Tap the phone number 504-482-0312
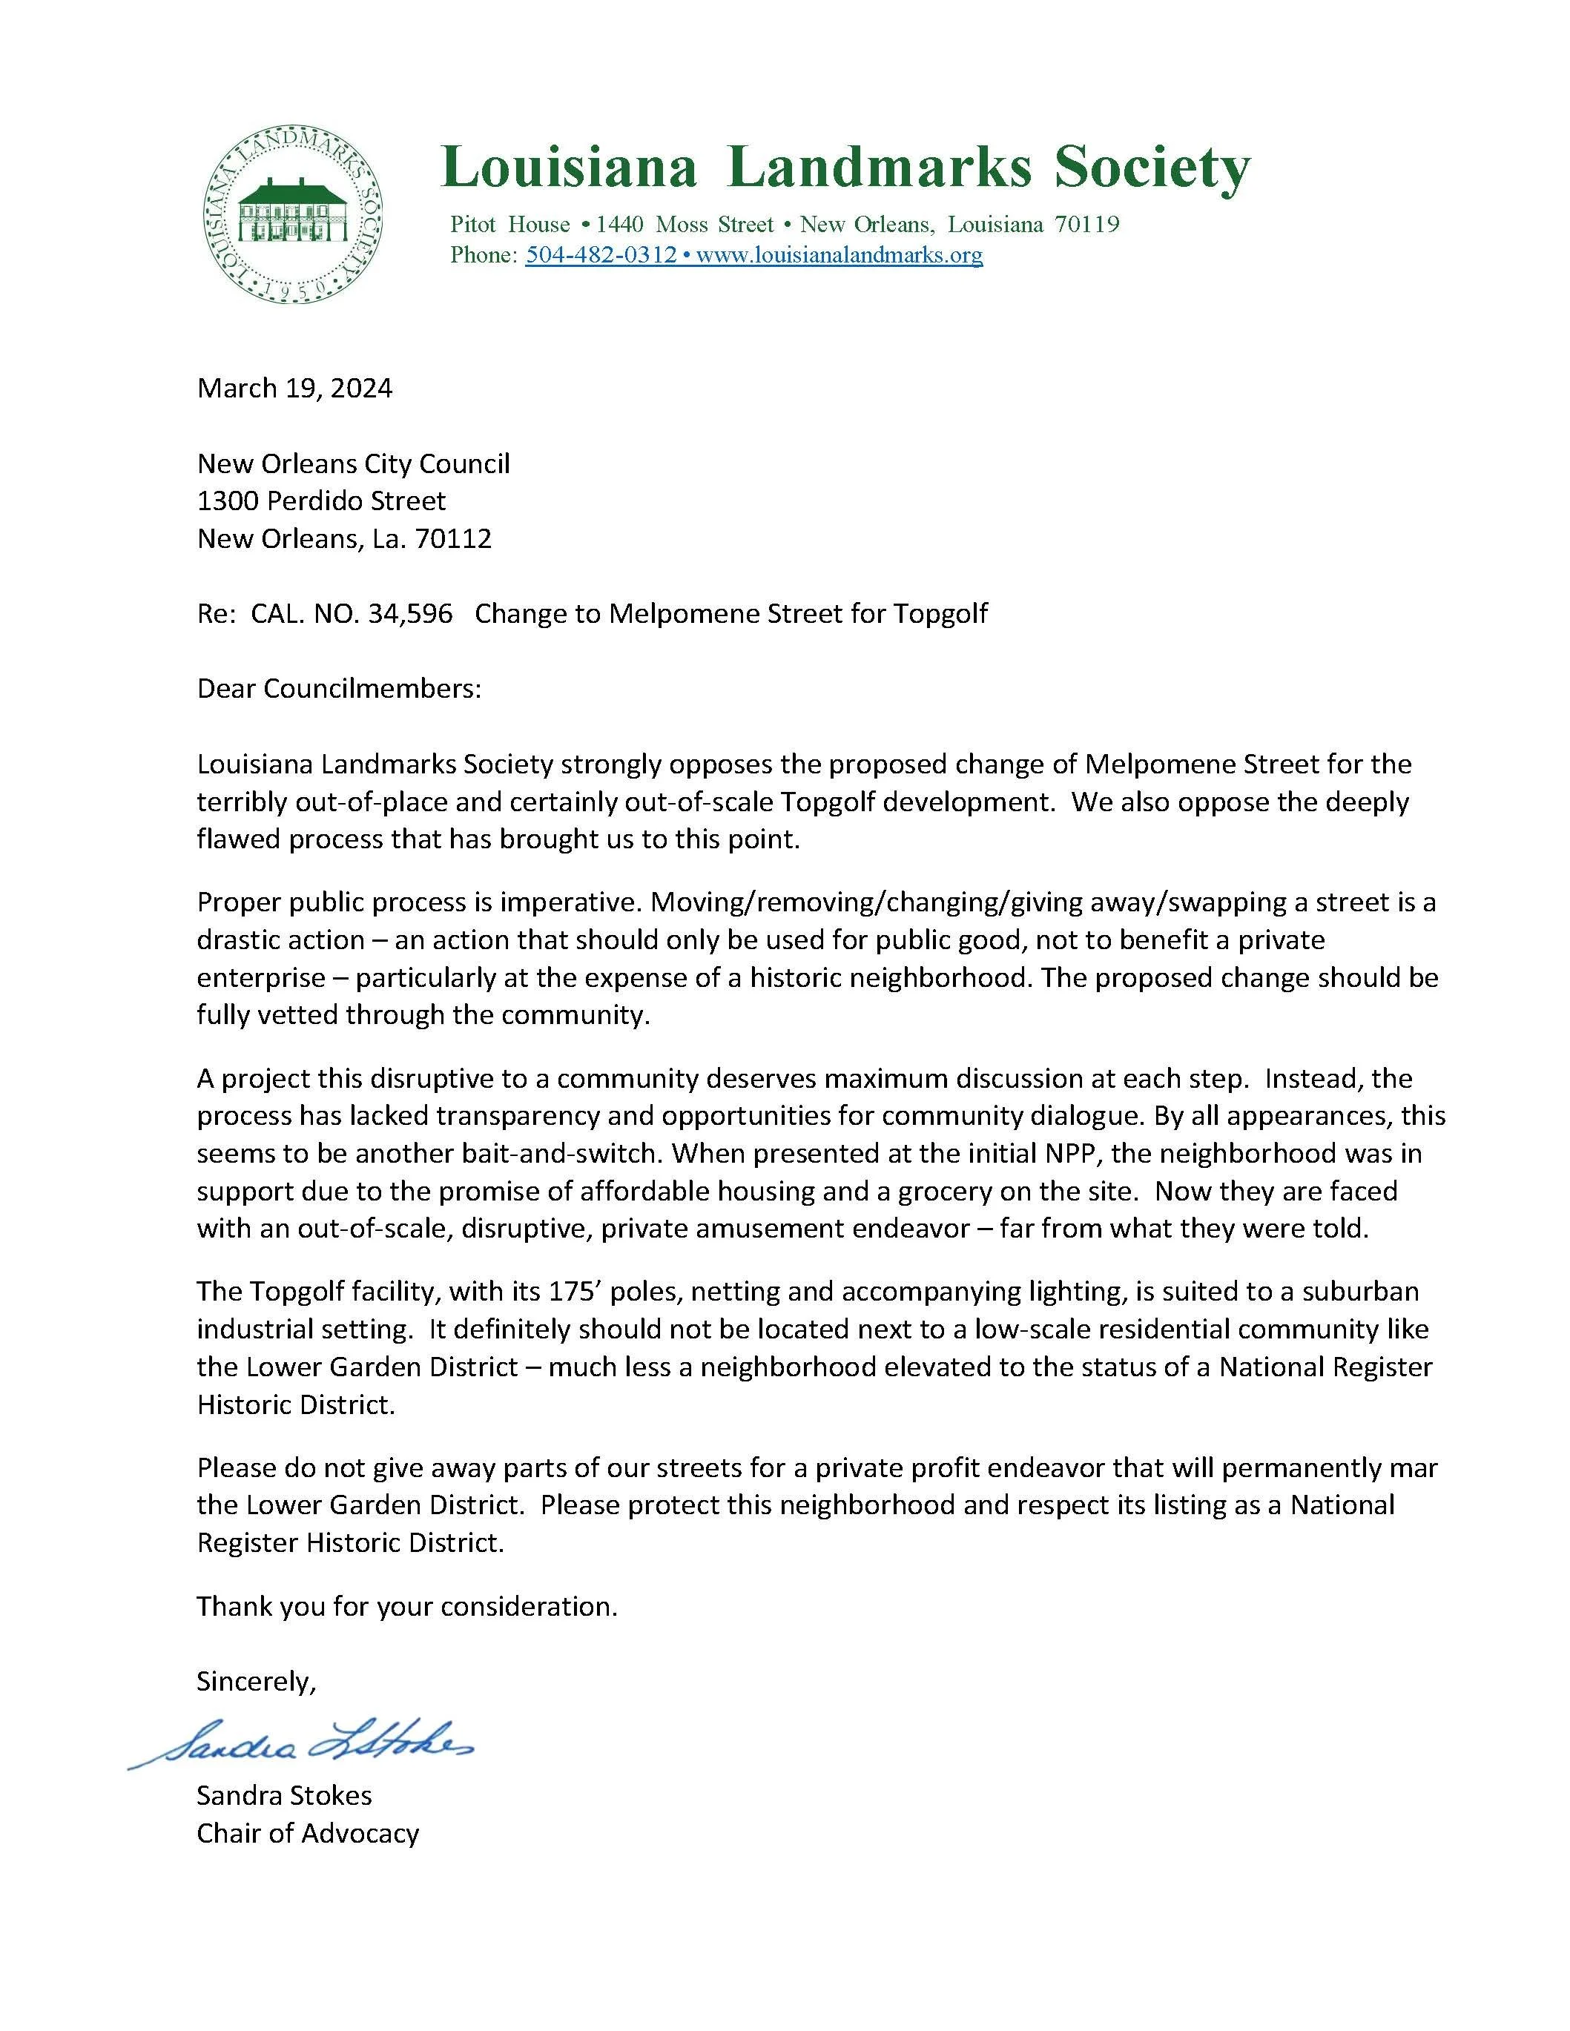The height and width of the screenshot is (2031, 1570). [x=601, y=255]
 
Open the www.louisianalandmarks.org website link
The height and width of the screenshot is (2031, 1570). [x=839, y=255]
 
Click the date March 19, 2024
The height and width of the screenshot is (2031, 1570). [x=294, y=388]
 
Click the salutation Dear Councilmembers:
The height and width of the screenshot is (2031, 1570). [x=340, y=689]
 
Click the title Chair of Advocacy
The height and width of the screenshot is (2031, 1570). [x=308, y=1833]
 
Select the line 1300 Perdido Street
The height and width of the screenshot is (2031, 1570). [x=321, y=501]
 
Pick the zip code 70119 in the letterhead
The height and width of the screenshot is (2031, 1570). [x=1086, y=224]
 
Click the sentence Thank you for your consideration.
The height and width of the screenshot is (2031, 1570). [x=406, y=1606]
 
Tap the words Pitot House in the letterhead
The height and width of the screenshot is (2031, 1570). [x=509, y=224]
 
